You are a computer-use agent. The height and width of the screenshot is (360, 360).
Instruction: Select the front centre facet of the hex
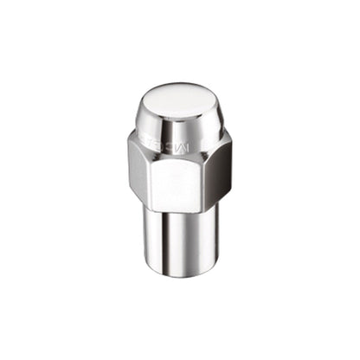181,173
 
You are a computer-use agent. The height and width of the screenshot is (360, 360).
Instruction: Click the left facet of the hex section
138,169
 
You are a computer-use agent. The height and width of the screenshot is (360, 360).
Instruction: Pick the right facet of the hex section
220,169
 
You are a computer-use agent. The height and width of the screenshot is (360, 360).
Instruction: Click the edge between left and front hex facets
150,173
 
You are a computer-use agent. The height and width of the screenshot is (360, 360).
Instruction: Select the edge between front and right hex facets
211,173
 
